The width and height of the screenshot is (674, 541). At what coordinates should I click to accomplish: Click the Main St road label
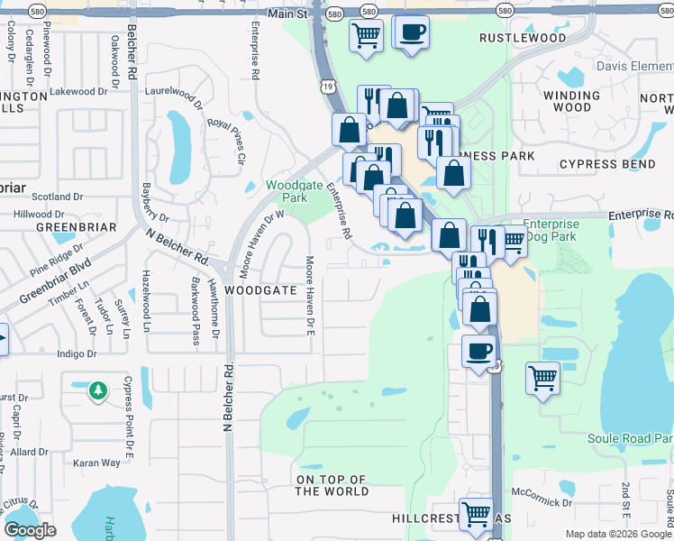point(289,14)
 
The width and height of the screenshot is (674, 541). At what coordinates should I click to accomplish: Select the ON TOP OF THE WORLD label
point(332,485)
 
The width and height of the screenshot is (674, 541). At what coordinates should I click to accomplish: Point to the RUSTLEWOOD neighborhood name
point(523,38)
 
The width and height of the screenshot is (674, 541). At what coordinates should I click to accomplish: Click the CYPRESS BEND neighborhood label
point(601,164)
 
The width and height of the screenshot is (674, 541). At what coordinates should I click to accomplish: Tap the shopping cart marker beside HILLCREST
point(476,514)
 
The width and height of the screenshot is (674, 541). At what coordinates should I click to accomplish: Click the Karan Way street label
point(96,463)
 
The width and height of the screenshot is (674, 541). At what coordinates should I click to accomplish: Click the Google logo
point(30,530)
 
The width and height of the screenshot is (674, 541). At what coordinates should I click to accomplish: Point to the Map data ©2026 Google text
point(617,534)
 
